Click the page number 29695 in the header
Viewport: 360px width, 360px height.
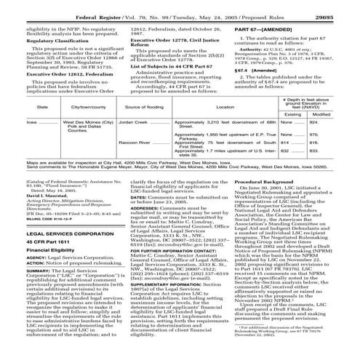click(340, 6)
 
